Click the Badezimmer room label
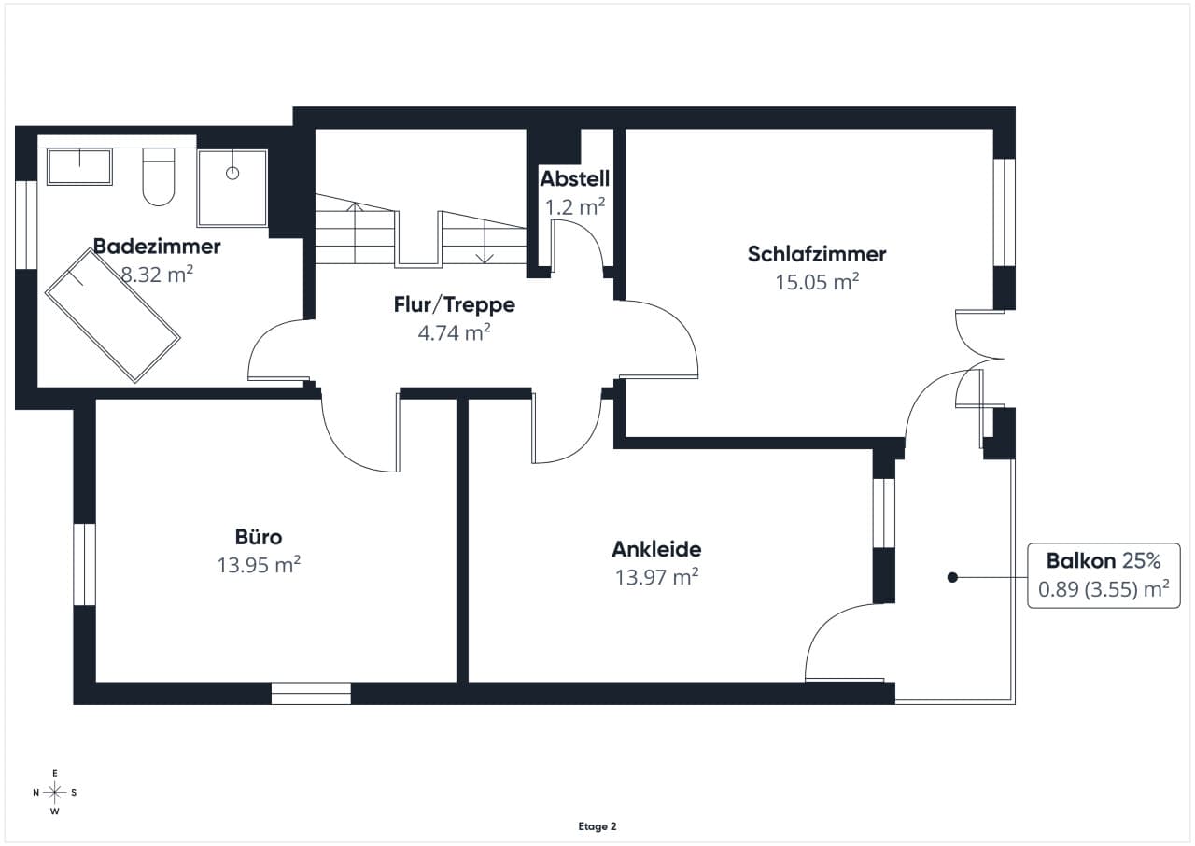(157, 247)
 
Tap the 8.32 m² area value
(157, 275)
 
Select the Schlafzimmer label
(817, 254)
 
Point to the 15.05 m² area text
(817, 282)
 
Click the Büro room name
(259, 537)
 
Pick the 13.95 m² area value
(259, 565)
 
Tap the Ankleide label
(656, 549)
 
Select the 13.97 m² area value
(656, 577)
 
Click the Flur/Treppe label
(455, 304)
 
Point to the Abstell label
(574, 179)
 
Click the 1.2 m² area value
(574, 207)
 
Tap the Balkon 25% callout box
(1104, 575)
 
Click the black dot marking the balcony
(952, 577)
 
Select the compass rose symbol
(54, 792)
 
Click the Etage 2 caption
(597, 826)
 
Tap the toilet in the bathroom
(159, 177)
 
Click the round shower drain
(232, 173)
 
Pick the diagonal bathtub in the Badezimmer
(113, 316)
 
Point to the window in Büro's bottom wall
(311, 694)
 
